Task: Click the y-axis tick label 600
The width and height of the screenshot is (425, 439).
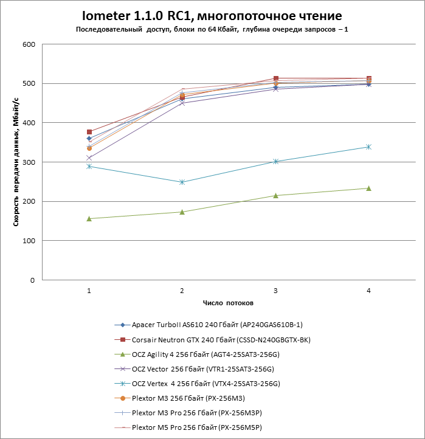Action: click(x=28, y=44)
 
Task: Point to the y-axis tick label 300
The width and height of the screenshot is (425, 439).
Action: click(x=28, y=162)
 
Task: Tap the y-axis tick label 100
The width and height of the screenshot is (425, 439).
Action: click(x=28, y=241)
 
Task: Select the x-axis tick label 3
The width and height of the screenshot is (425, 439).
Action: click(x=275, y=291)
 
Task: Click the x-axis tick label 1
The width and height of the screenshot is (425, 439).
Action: click(x=89, y=291)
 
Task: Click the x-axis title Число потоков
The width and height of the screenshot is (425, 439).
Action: click(x=228, y=303)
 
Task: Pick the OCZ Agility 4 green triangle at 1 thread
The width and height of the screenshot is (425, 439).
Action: click(x=89, y=218)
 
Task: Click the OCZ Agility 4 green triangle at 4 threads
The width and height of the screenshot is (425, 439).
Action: click(x=368, y=188)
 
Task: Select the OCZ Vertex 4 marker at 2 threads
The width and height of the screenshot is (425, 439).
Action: click(x=182, y=182)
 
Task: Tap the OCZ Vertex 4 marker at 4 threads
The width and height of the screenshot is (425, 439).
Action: click(x=368, y=147)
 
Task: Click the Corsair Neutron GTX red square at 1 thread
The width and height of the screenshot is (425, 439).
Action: click(x=89, y=132)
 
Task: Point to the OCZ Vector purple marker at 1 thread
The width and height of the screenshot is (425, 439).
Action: click(x=89, y=157)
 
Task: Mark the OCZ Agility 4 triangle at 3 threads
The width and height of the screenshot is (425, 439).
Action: click(x=275, y=195)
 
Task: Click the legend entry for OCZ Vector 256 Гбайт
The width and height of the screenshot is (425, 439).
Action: click(x=203, y=369)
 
